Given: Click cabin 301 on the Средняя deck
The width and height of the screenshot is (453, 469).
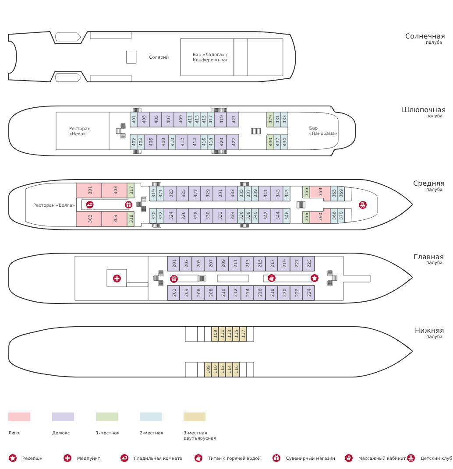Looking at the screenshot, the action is pos(89,190).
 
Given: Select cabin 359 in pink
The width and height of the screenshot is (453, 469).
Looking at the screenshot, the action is pos(320,192).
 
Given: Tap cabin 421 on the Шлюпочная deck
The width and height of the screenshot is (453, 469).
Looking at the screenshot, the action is pos(233,120).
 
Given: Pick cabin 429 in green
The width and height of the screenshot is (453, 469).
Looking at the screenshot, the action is pos(270,120).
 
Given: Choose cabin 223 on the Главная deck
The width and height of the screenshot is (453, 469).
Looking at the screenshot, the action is pos(308,264).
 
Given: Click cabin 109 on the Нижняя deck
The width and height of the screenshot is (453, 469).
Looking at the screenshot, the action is pos(215,334).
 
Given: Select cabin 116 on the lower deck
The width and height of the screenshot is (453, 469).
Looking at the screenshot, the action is pos(236,370).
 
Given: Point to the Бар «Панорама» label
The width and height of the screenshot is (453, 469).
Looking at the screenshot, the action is pos(323,130).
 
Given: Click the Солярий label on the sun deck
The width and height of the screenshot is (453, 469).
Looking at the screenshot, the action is pos(159,57).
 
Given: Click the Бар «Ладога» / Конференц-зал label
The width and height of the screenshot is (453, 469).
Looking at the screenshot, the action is pos(210,57).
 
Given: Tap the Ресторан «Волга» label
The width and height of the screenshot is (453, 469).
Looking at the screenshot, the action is pos(54,205).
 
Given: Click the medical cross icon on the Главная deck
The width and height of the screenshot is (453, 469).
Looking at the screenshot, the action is pos(117,279).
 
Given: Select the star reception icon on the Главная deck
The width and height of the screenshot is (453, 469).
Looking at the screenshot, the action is pos(315,278).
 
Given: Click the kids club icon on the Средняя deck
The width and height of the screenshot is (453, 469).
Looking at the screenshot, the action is pos(363,205).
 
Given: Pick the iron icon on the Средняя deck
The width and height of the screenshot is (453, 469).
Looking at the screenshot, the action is pos(90,205).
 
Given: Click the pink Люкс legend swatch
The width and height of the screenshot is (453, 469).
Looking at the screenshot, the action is pos(19,416).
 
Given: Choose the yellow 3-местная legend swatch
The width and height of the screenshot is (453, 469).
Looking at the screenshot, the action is pos(195,416).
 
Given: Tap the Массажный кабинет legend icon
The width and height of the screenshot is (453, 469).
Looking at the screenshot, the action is pos(349,458).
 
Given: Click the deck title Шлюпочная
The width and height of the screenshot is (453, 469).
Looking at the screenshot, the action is pos(423,110).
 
